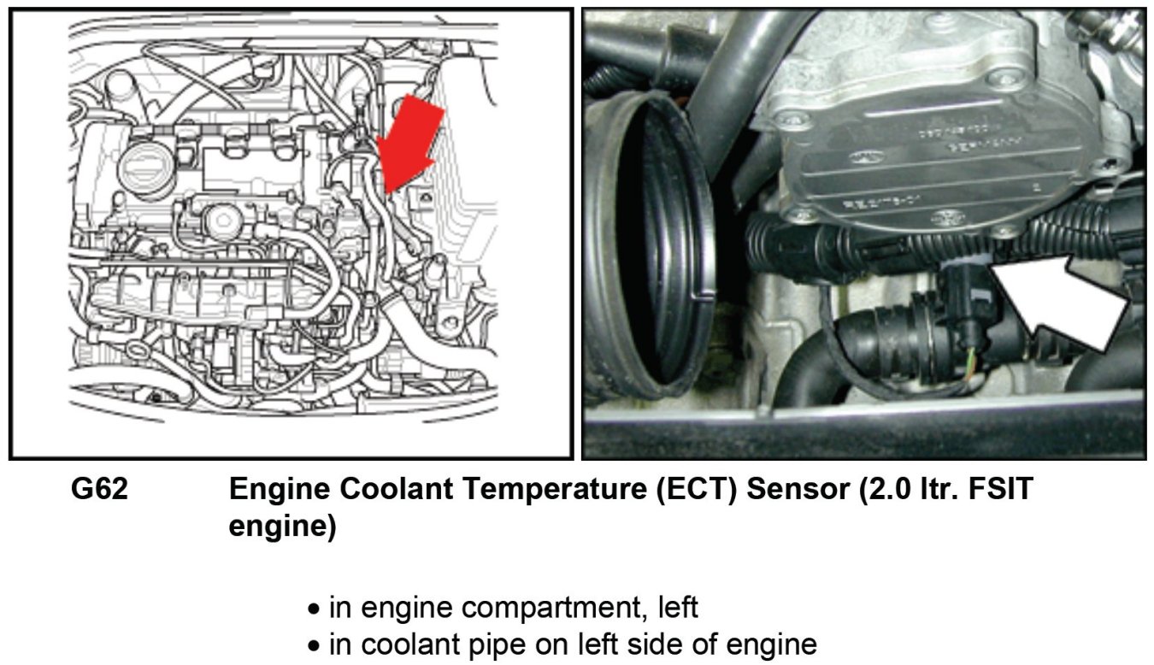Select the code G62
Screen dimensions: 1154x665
coord(99,489)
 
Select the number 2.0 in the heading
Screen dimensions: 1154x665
coord(891,489)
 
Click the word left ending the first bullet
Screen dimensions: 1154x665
coord(678,608)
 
